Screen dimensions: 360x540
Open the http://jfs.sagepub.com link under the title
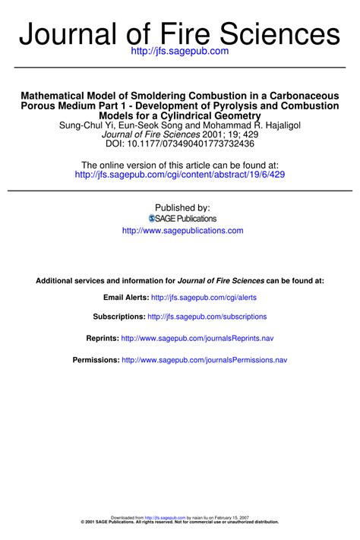pyautogui.click(x=180, y=51)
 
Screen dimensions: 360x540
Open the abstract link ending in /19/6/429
pyautogui.click(x=180, y=175)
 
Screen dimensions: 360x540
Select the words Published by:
pyautogui.click(x=182, y=207)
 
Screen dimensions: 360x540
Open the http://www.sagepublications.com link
pyautogui.click(x=182, y=230)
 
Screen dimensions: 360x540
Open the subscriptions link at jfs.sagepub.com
pyautogui.click(x=207, y=317)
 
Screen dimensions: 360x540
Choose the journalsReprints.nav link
pyautogui.click(x=197, y=338)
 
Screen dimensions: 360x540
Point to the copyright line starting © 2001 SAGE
pyautogui.click(x=180, y=523)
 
